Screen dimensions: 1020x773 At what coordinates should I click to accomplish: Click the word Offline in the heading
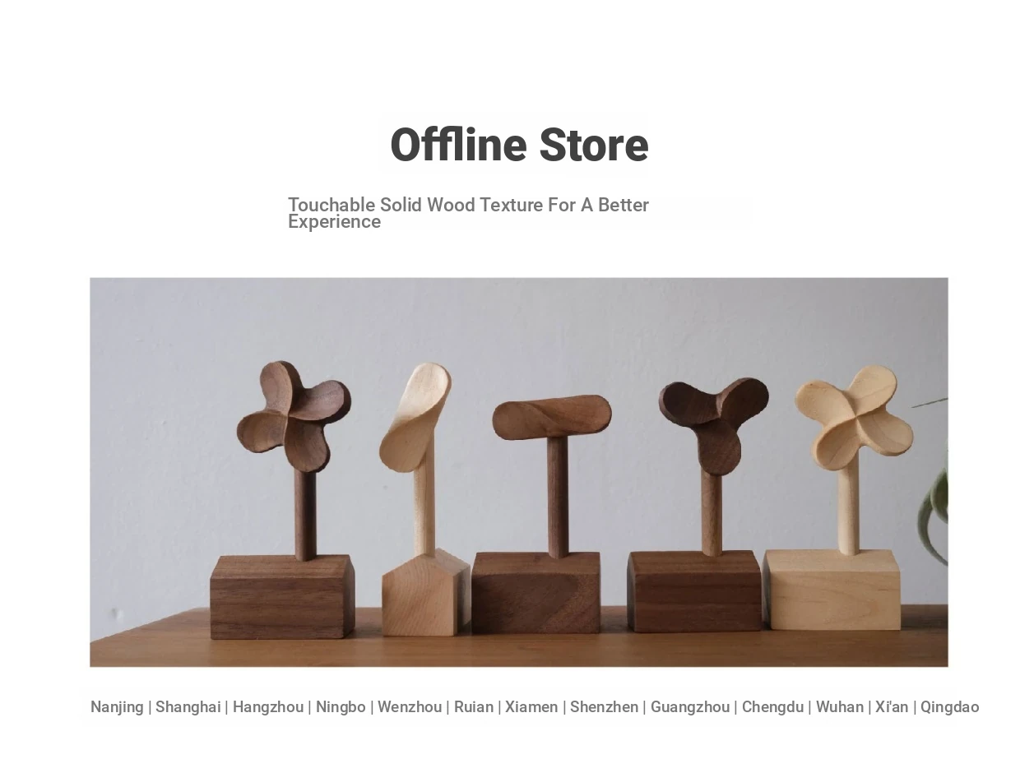458,145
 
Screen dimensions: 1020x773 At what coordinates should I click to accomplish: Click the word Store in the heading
593,145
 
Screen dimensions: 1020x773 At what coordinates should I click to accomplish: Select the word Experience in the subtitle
334,222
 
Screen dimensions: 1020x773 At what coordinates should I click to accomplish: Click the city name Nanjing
117,707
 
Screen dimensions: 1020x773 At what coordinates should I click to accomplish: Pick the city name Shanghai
188,707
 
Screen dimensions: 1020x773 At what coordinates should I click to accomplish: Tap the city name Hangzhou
268,707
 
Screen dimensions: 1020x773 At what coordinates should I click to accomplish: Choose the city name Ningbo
341,707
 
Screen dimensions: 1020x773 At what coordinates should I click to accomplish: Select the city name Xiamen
531,707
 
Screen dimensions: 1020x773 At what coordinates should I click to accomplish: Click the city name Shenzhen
604,707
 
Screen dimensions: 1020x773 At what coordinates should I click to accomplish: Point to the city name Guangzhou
690,707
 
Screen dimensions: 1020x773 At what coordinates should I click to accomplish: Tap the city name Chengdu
772,707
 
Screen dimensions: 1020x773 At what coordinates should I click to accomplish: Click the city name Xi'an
892,707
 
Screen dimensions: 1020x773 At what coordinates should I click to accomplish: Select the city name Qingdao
949,707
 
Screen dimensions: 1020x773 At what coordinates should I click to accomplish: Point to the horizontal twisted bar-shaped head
552,417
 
